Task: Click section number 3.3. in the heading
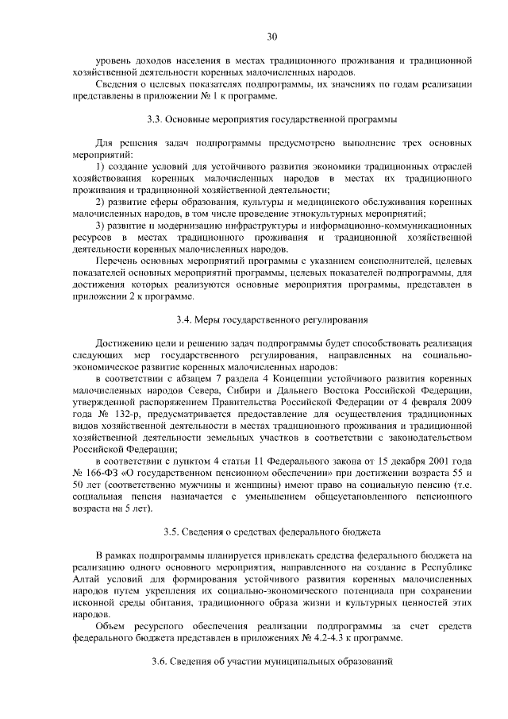click(156, 119)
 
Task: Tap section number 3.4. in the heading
click(183, 320)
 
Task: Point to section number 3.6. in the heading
click(160, 662)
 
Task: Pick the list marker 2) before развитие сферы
click(100, 202)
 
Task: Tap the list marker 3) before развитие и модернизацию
click(100, 226)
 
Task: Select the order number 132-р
click(131, 414)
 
